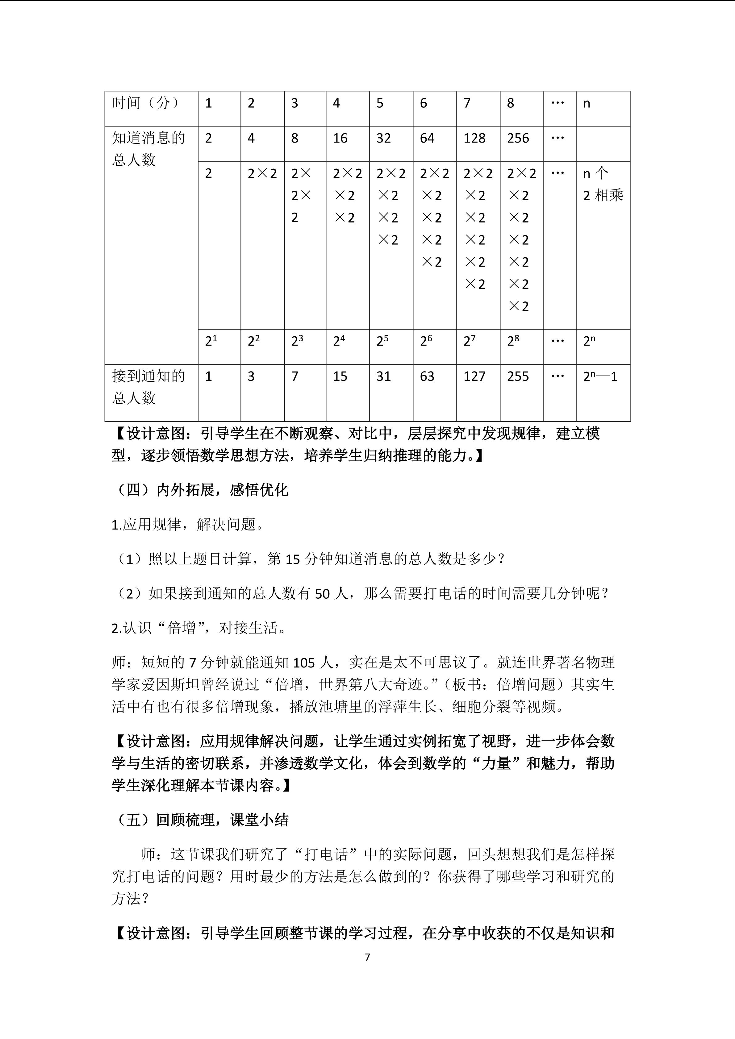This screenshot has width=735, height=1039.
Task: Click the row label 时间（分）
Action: pyautogui.click(x=145, y=103)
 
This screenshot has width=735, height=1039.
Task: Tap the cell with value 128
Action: pyautogui.click(x=474, y=139)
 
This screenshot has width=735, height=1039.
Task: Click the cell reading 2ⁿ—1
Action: pyautogui.click(x=600, y=376)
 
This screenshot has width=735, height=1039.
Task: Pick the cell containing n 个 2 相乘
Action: pyautogui.click(x=602, y=185)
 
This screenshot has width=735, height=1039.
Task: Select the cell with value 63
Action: pyautogui.click(x=427, y=376)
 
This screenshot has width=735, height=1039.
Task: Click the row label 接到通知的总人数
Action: pyautogui.click(x=148, y=387)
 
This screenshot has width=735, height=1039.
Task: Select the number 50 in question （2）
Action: pyautogui.click(x=322, y=594)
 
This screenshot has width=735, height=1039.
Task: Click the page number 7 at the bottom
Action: pyautogui.click(x=367, y=957)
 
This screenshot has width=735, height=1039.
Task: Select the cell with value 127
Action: pyautogui.click(x=474, y=376)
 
